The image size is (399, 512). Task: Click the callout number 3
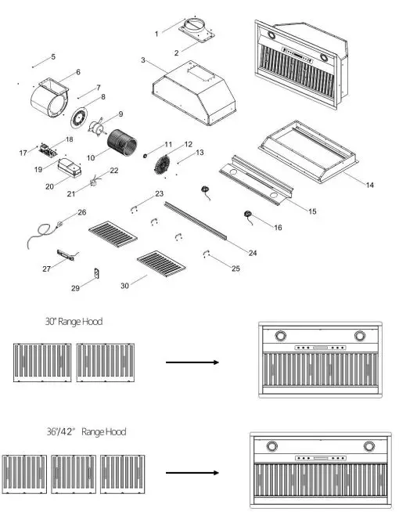coord(143,60)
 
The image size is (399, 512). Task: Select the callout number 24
coord(252,252)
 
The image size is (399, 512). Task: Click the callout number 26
coord(81,212)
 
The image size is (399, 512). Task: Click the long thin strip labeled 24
coord(196,220)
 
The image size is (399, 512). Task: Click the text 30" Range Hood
coord(74,321)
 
